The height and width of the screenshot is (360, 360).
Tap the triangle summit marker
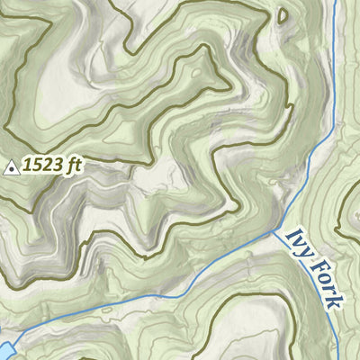[x=11, y=166]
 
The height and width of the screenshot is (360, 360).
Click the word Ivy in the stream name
[x=298, y=242]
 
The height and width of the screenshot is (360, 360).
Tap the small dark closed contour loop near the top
[x=283, y=15]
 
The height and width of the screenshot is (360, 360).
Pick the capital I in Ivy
[x=291, y=233]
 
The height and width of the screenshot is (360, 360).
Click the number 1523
[x=42, y=166]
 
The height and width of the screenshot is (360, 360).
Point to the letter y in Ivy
[x=305, y=250]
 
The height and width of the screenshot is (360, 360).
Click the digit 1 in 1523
[x=27, y=166]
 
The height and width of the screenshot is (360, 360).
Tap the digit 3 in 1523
[x=56, y=166]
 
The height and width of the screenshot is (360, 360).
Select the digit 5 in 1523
[x=36, y=166]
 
